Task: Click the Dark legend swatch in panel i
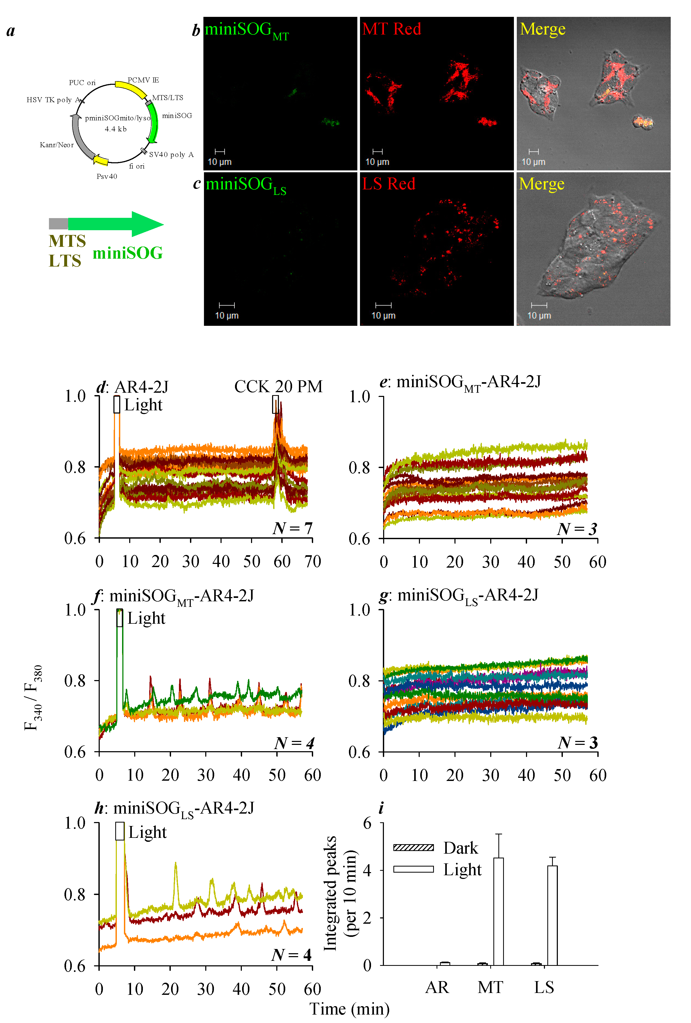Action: point(413,847)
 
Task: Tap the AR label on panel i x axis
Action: point(437,987)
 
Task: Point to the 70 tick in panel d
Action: point(312,562)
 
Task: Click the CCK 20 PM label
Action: point(278,386)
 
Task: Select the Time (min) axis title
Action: point(349,1009)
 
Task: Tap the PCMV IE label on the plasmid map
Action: point(143,80)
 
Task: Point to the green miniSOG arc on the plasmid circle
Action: point(154,122)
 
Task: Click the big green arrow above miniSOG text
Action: point(117,224)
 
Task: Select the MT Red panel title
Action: point(392,29)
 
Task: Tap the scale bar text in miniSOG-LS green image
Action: point(227,316)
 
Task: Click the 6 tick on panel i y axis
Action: point(367,823)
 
